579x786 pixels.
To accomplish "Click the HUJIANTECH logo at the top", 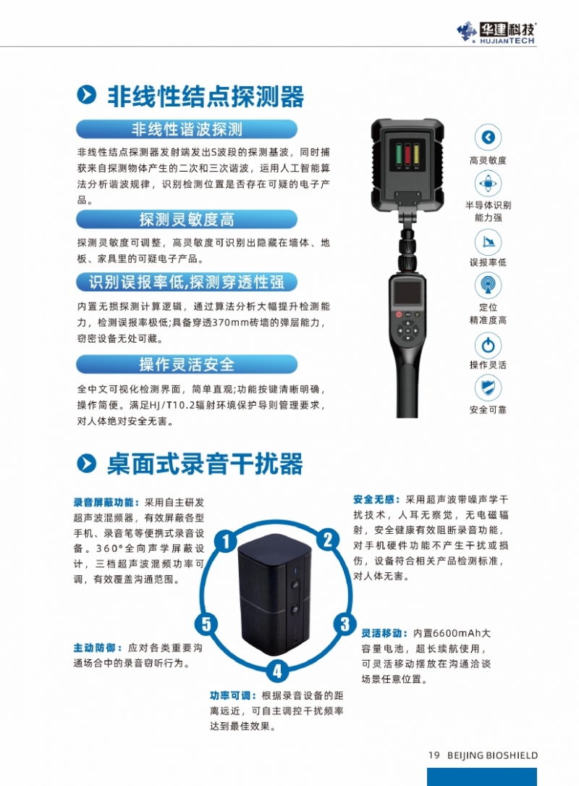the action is tap(496, 33).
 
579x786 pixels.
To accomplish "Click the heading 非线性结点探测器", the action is tap(206, 96).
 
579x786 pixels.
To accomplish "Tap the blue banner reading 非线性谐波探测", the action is tap(186, 130).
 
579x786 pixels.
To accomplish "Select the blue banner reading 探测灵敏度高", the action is tap(186, 220).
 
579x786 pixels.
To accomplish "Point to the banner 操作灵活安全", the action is tap(186, 364).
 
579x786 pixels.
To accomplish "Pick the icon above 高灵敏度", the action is tap(488, 138).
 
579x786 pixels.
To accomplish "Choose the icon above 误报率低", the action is tap(488, 242).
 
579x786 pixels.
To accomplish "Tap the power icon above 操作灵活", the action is tap(488, 345).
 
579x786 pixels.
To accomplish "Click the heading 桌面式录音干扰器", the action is tap(205, 464).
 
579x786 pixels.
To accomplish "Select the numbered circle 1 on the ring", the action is tap(226, 541).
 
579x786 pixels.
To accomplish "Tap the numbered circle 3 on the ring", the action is tap(345, 624).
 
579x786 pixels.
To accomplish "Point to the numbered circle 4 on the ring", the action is tap(277, 671).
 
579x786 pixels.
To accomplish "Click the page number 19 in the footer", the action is tap(434, 755).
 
